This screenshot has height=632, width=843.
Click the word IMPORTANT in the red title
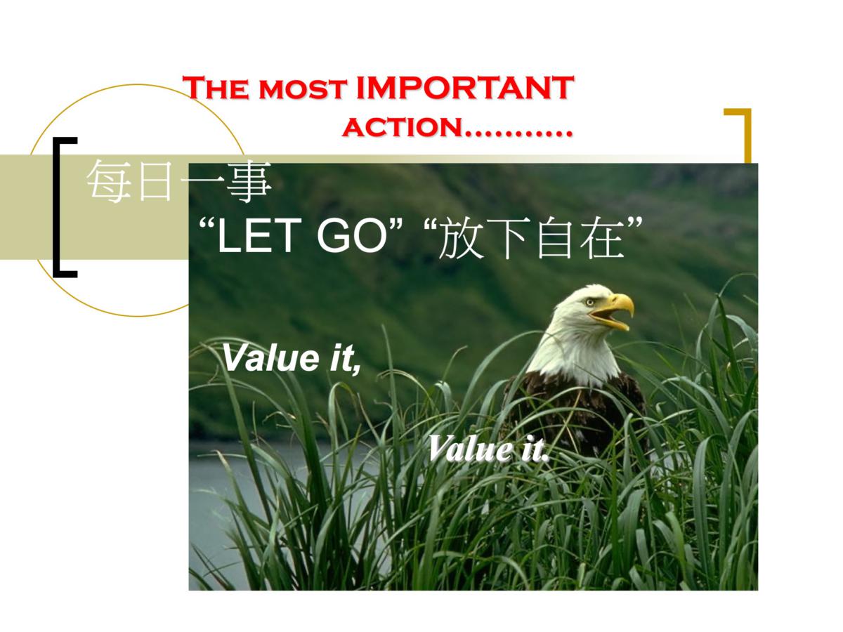click(465, 88)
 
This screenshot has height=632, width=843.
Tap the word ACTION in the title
click(402, 127)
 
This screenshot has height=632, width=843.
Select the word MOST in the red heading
click(303, 89)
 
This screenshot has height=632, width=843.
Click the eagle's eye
click(589, 303)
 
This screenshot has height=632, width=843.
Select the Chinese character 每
click(109, 180)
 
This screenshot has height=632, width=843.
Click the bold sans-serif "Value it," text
click(292, 358)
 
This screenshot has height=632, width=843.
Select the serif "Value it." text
click(488, 449)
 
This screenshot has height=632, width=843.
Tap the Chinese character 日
click(155, 181)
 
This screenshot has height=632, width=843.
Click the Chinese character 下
click(508, 238)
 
